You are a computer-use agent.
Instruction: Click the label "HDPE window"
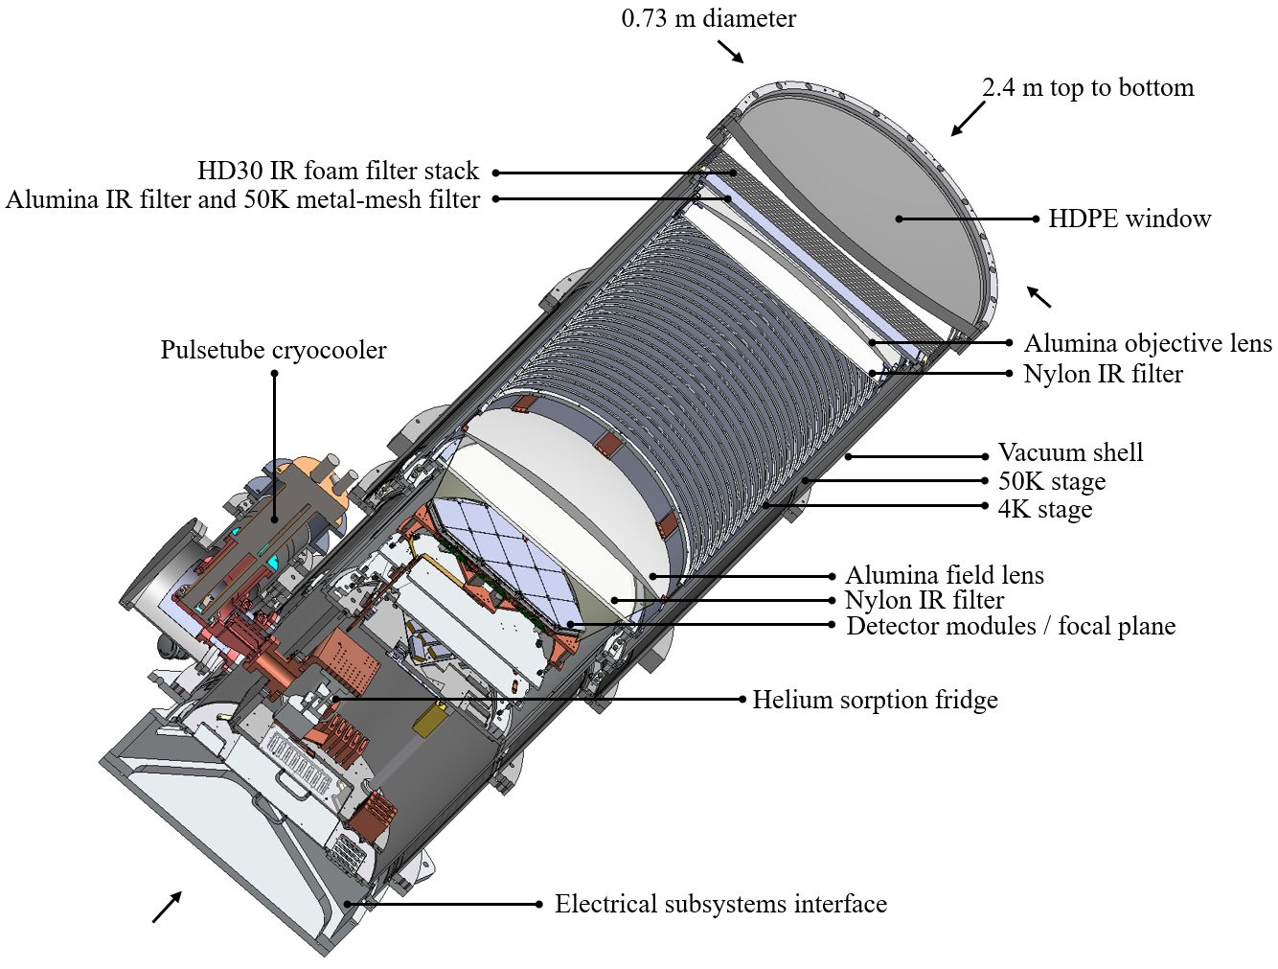tap(1129, 219)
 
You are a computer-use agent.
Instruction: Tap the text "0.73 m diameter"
tap(708, 18)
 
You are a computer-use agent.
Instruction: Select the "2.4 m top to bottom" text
tap(1087, 87)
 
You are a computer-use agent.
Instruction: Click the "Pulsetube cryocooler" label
tap(273, 350)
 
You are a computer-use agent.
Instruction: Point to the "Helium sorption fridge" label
tap(875, 700)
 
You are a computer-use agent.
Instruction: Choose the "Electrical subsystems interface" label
tap(720, 904)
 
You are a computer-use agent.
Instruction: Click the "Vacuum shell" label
tap(1070, 452)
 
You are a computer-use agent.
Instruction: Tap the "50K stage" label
tap(1051, 481)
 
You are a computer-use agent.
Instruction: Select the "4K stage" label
tap(1044, 509)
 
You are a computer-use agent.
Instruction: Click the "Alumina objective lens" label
tap(1147, 343)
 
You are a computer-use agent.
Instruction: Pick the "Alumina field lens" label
tap(944, 575)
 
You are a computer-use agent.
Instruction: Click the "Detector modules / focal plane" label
tap(1011, 626)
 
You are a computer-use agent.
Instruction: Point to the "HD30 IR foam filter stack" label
tap(337, 171)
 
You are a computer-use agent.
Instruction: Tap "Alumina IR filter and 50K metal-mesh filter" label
tap(242, 199)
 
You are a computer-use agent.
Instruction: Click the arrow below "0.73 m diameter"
tap(731, 53)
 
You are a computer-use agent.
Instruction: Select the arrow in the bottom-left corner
tap(167, 907)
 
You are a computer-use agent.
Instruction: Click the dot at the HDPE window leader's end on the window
tap(899, 219)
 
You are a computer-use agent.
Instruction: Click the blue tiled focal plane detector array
tap(503, 556)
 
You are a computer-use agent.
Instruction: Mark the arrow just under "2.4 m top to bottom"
tap(968, 119)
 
